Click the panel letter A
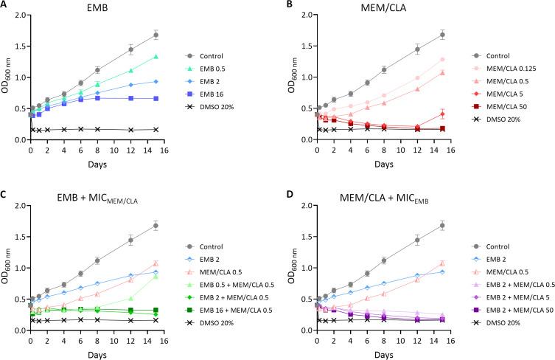pyautogui.click(x=5, y=6)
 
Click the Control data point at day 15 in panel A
pyautogui.click(x=156, y=35)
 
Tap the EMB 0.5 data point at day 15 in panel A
pyautogui.click(x=156, y=57)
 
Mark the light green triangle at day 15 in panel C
pyautogui.click(x=156, y=276)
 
